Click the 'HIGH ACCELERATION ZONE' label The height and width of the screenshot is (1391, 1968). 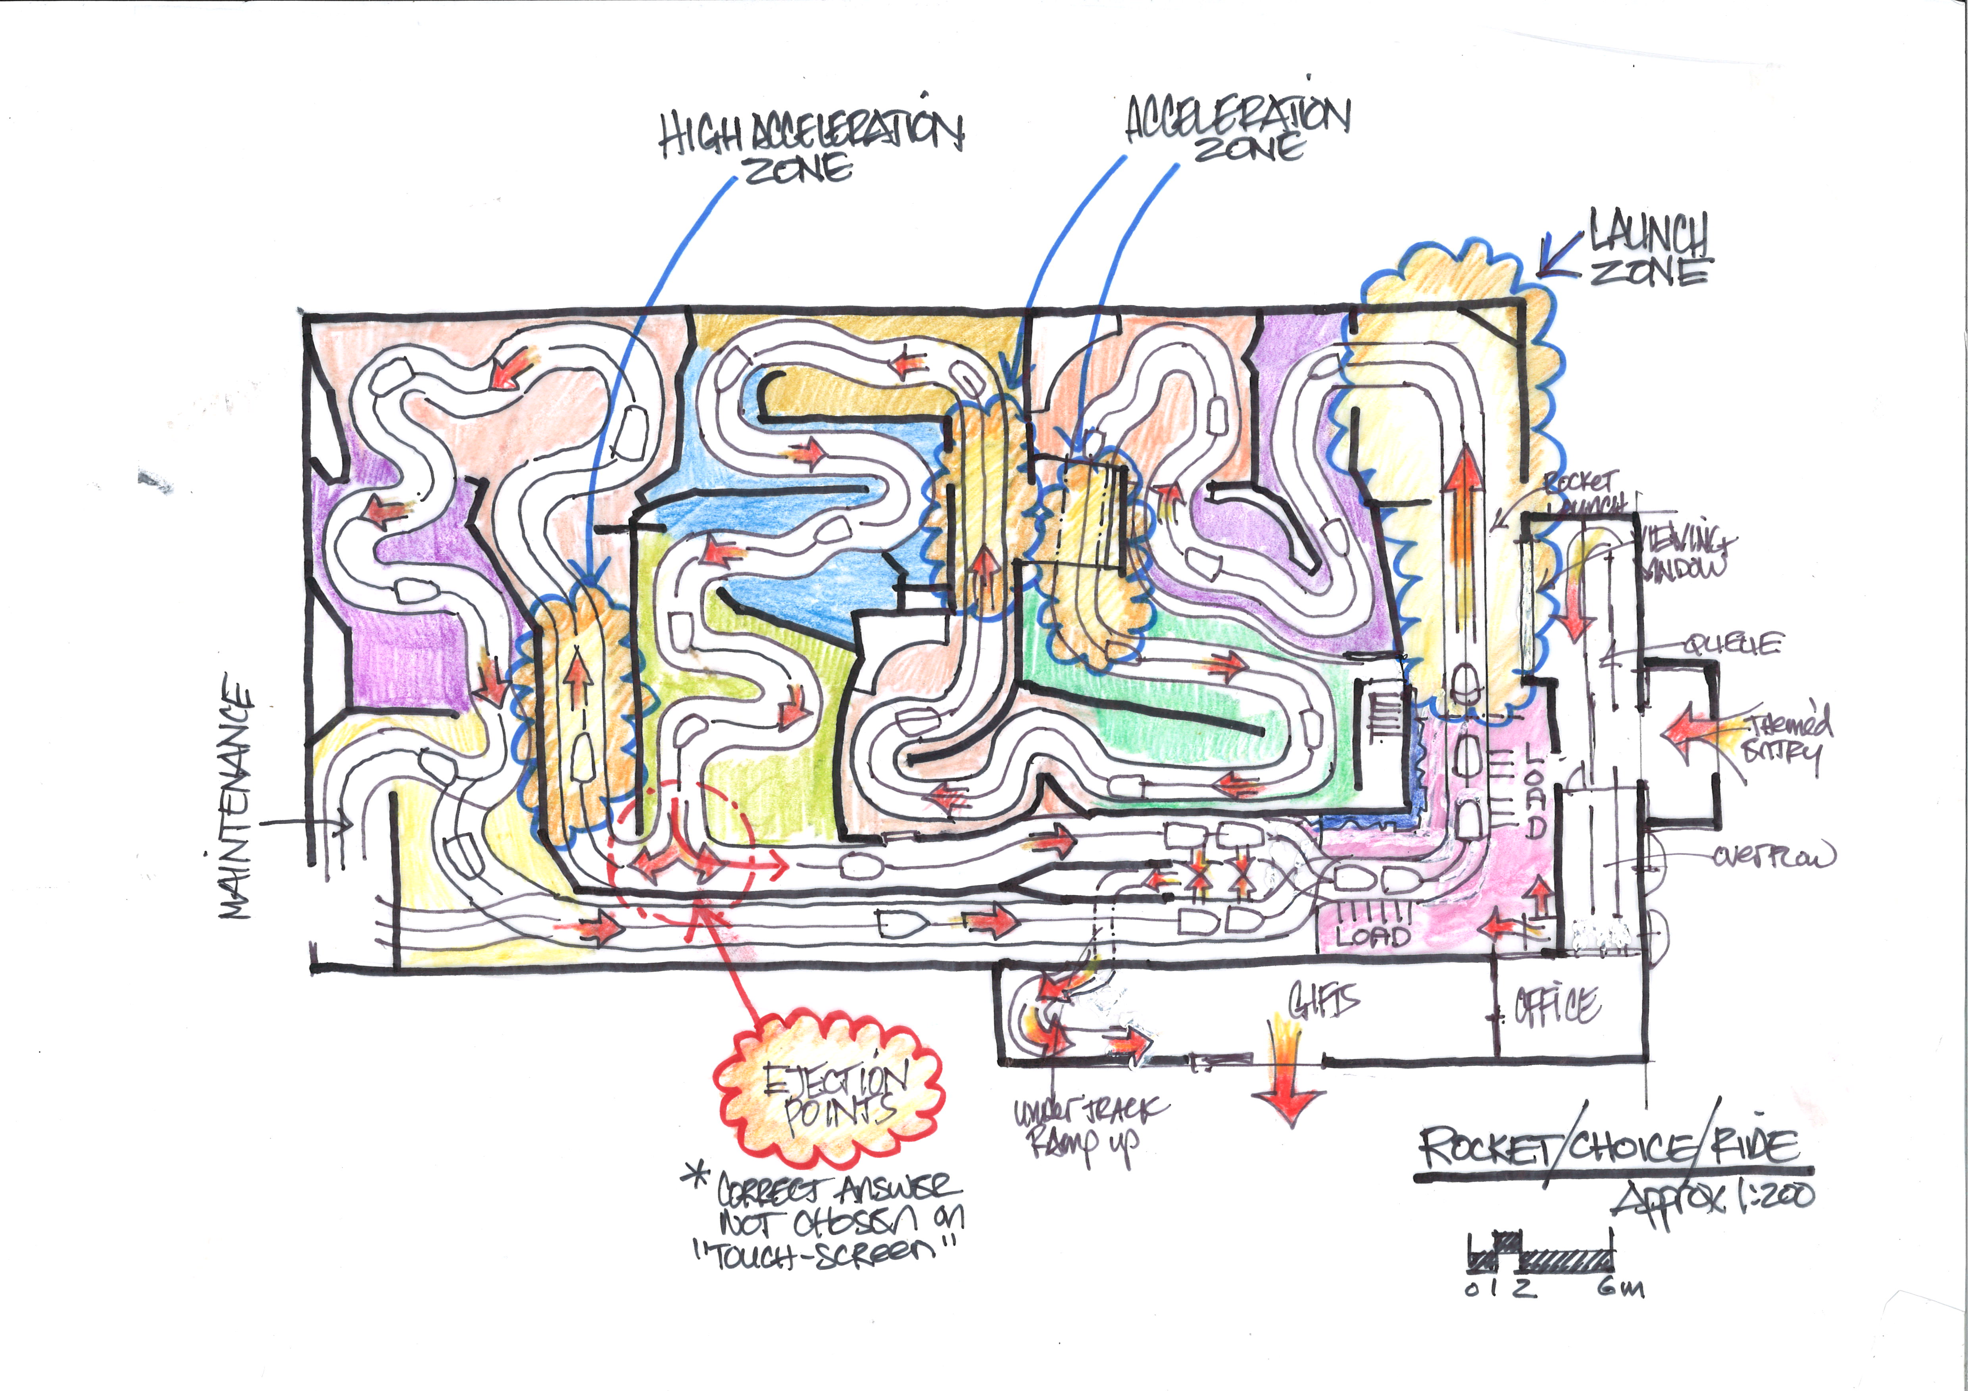coord(810,146)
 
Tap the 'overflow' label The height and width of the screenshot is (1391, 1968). coord(1774,855)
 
